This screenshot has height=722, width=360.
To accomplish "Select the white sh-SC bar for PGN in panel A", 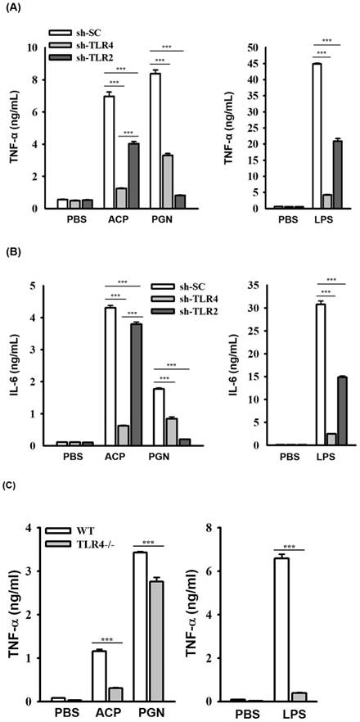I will (155, 141).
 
